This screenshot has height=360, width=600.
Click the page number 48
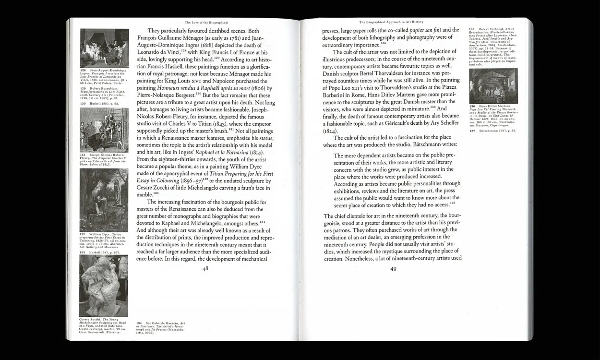pos(205,269)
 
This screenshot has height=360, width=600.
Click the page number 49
pos(393,269)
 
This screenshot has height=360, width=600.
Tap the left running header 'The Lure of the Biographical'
pos(206,22)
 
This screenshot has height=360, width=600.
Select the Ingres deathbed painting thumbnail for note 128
pos(104,48)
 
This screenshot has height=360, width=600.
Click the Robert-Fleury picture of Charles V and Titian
pos(104,130)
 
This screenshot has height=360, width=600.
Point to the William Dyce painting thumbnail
pos(104,200)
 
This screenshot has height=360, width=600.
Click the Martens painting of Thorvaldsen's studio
pos(493,86)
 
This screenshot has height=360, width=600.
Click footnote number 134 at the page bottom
pos(140,324)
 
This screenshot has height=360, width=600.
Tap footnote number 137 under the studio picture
pos(472,131)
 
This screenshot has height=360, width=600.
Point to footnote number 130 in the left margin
pos(83,103)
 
